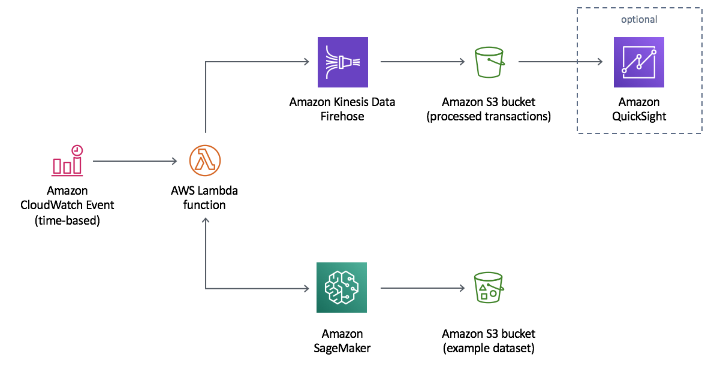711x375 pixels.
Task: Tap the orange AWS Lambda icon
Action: (205, 161)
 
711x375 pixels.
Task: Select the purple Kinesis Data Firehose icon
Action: (342, 62)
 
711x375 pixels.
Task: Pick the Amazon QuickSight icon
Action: (639, 62)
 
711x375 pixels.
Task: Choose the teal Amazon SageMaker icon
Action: (342, 288)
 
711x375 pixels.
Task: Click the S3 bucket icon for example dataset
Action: (489, 288)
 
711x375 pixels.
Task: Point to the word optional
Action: (639, 20)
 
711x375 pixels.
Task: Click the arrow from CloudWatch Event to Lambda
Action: (135, 161)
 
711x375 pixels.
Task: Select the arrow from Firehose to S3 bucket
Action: (423, 62)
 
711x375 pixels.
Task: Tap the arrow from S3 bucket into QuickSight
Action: (561, 62)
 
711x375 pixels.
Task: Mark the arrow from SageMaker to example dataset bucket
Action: (423, 288)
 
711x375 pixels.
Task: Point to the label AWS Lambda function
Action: (204, 198)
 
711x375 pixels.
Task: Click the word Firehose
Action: (342, 116)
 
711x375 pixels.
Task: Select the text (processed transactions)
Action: (489, 116)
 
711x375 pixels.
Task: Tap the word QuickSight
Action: (639, 116)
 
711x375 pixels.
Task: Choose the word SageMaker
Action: (342, 348)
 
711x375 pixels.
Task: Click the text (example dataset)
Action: (489, 348)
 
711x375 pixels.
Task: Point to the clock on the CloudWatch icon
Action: (77, 151)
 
